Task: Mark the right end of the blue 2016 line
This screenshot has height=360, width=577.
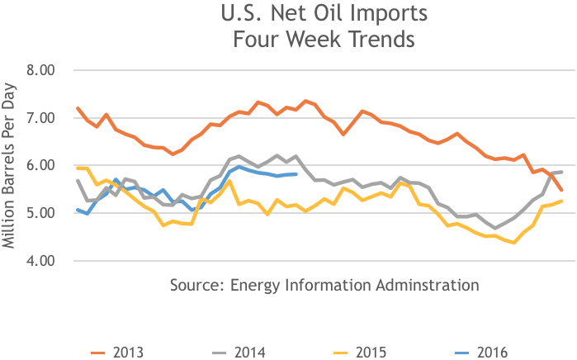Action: (x=296, y=173)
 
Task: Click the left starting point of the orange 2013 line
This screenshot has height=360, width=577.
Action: (x=77, y=108)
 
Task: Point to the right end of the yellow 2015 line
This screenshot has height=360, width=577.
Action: (x=562, y=201)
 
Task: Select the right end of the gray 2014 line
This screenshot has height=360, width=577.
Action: (x=562, y=172)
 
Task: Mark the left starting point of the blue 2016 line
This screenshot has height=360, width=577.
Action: (x=77, y=210)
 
